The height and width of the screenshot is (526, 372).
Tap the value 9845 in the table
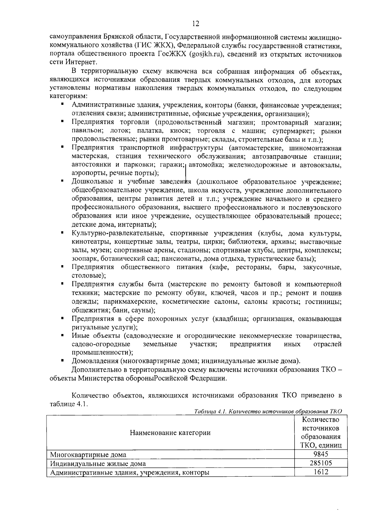click(x=321, y=455)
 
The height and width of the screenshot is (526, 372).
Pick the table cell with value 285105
click(x=321, y=463)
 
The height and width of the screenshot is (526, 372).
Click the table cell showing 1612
click(x=321, y=472)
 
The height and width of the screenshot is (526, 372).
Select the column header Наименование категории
click(x=170, y=433)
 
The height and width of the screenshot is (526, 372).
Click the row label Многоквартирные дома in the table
click(x=88, y=455)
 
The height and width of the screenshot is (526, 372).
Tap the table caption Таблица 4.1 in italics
click(x=208, y=412)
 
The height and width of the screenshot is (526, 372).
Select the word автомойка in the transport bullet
click(x=206, y=165)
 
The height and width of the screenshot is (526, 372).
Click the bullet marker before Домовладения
click(x=62, y=361)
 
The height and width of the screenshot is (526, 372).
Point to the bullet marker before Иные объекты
click(x=62, y=335)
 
